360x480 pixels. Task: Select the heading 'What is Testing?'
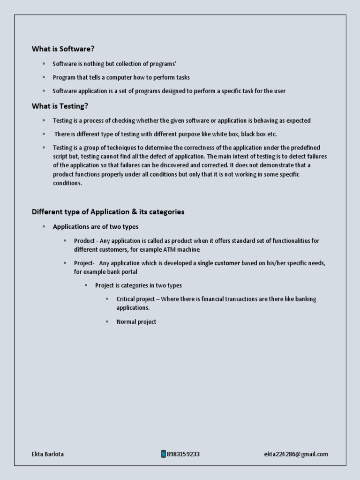click(x=60, y=106)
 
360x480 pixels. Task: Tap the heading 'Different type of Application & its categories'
click(x=108, y=212)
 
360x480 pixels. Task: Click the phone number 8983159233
click(x=183, y=454)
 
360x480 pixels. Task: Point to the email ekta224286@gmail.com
click(x=296, y=454)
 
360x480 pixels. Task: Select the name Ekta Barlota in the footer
click(x=48, y=454)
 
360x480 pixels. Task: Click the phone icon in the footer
click(x=164, y=454)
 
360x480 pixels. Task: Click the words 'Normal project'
click(x=136, y=322)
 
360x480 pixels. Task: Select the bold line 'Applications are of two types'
click(x=96, y=227)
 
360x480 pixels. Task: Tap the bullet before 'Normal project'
click(x=107, y=322)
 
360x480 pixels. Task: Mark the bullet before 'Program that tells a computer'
click(x=44, y=77)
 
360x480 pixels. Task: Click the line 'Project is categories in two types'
click(x=138, y=285)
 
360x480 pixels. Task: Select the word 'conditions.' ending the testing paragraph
click(x=67, y=183)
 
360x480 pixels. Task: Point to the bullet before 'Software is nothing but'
click(x=44, y=64)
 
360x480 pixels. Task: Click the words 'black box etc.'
click(x=259, y=134)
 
